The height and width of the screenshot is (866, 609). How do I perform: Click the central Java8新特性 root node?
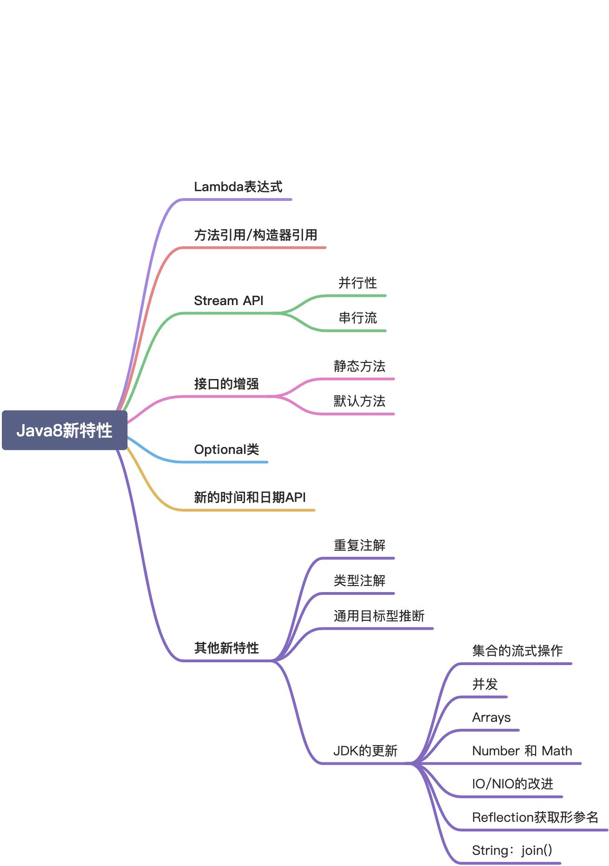click(x=64, y=430)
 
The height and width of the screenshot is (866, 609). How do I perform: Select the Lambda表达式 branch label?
click(x=238, y=187)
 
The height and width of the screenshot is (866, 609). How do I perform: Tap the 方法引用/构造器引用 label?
click(x=256, y=235)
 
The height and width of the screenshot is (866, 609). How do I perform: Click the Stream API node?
click(x=228, y=301)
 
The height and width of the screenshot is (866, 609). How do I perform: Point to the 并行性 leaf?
click(x=357, y=283)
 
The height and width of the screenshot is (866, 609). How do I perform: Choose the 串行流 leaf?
click(x=357, y=318)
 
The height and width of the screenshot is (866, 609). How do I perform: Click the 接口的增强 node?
click(x=226, y=384)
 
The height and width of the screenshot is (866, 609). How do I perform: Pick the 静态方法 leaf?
click(x=359, y=366)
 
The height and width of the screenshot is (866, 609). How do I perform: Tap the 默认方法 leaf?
click(x=359, y=401)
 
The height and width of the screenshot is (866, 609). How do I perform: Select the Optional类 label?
click(x=226, y=450)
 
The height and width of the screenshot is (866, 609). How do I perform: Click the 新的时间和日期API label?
click(x=250, y=498)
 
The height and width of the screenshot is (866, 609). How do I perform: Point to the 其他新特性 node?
click(x=226, y=648)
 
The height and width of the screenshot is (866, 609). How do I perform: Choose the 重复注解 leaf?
click(x=359, y=546)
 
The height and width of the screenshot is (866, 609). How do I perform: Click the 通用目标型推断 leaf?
click(x=379, y=616)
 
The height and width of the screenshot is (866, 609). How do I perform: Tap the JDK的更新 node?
click(x=365, y=751)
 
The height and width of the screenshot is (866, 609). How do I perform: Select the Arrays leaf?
click(x=491, y=718)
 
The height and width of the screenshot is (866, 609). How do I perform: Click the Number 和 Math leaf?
click(x=522, y=751)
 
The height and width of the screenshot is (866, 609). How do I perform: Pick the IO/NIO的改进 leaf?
click(x=512, y=784)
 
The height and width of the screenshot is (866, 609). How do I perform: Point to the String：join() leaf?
click(x=512, y=851)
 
